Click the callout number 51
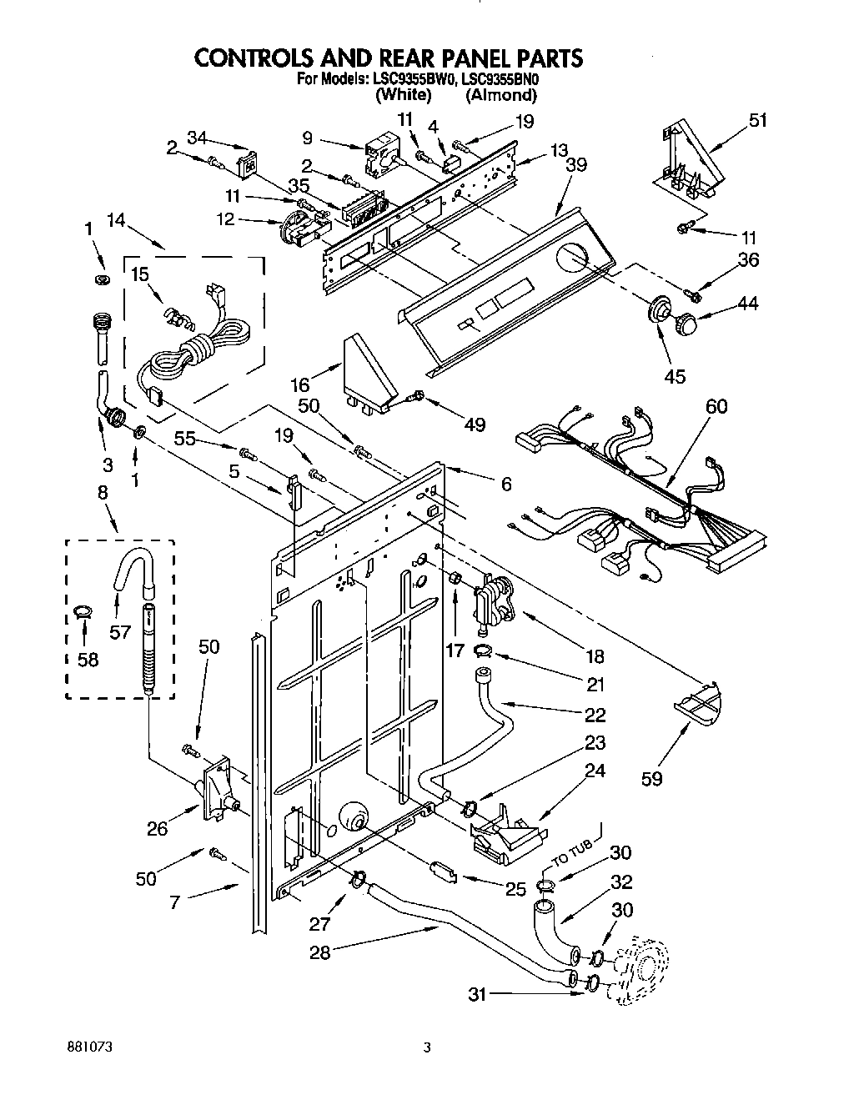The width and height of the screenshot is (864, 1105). coord(757,120)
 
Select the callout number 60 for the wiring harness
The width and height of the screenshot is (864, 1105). coord(716,406)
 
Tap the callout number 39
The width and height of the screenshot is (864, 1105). coord(575,164)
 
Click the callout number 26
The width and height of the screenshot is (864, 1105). coord(158,827)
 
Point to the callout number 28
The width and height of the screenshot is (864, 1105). coord(320,952)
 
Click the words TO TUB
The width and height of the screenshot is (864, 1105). coord(570,856)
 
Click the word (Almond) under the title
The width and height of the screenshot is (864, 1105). coord(501,95)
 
